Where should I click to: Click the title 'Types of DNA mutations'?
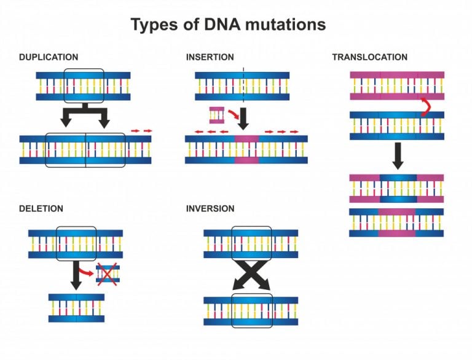tap(227, 25)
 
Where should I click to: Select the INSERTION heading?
tap(210, 57)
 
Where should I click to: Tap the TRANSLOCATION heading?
tap(369, 57)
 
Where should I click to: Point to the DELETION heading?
tap(41, 209)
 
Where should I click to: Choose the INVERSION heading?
tap(210, 209)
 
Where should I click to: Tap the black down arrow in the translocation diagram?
tap(397, 155)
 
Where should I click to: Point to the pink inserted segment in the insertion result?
tap(246, 149)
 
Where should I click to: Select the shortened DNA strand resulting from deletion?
tap(76, 308)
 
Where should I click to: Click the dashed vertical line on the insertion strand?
tap(243, 85)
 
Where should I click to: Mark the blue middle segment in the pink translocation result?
tap(398, 188)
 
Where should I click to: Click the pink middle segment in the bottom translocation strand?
tap(397, 222)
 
